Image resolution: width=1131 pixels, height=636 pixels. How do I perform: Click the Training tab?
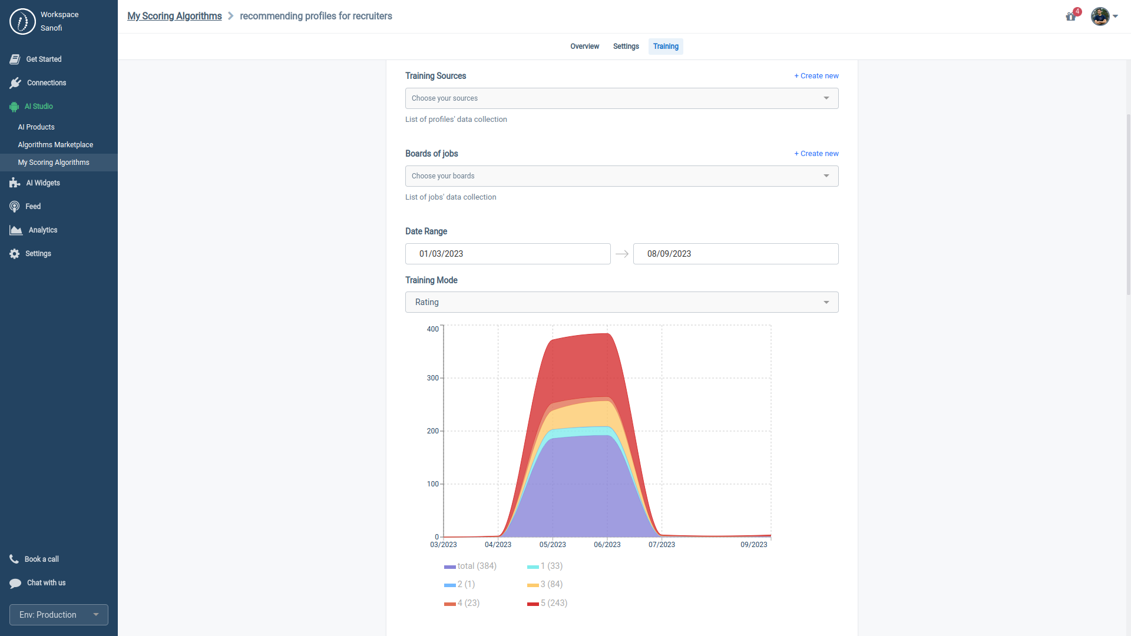click(666, 47)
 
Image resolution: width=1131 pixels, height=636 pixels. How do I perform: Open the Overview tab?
click(584, 47)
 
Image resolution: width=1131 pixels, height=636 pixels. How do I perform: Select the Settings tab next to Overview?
click(626, 47)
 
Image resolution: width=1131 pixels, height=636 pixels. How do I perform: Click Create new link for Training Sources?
click(816, 76)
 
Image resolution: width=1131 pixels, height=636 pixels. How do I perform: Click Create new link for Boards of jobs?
click(816, 154)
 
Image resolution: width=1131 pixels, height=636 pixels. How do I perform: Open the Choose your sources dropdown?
click(621, 98)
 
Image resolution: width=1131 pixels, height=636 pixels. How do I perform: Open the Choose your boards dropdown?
click(621, 176)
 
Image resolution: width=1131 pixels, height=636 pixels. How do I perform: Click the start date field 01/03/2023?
click(507, 254)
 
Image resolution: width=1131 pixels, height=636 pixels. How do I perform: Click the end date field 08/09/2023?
click(735, 254)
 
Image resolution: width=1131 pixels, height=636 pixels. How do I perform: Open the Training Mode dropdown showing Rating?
click(621, 302)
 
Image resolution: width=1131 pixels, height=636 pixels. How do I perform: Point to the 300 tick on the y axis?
click(433, 378)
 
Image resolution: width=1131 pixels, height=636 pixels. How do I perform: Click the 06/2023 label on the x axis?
click(607, 545)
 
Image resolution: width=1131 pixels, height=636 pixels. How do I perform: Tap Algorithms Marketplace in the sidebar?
click(55, 145)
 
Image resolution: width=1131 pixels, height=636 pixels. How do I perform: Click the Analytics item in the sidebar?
click(42, 230)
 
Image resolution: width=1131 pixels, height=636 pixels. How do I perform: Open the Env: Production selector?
click(59, 615)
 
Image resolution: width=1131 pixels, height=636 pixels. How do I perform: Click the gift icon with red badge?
click(1071, 16)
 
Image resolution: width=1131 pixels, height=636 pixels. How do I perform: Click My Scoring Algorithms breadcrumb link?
click(174, 16)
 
